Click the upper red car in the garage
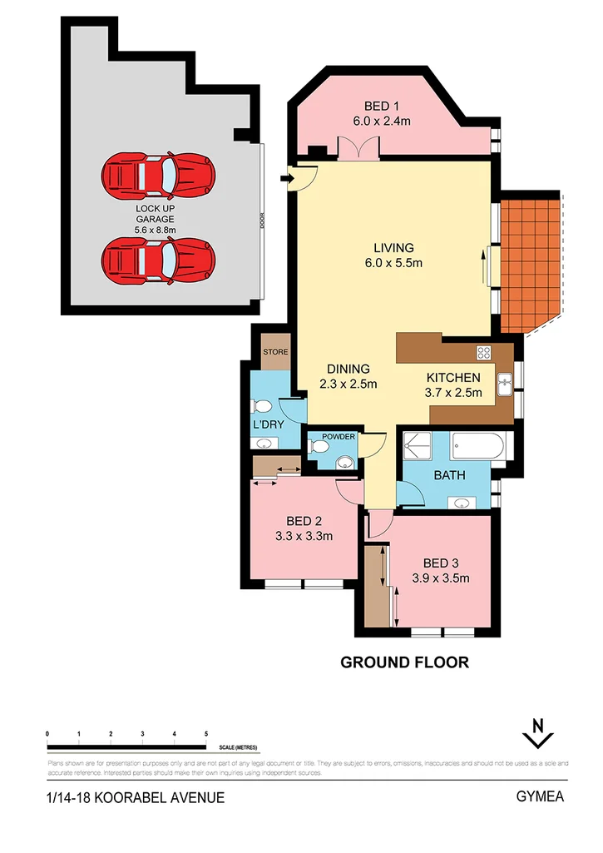pos(159,175)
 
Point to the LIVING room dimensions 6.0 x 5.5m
pos(394,263)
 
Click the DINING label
pos(348,369)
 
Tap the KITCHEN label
pos(454,377)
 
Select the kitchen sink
pos(505,384)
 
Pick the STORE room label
pos(275,352)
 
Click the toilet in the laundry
pos(261,406)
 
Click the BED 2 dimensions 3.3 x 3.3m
pos(304,536)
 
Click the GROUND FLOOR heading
pos(405,662)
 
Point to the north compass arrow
pos(539,733)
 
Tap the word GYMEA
pos(540,796)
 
